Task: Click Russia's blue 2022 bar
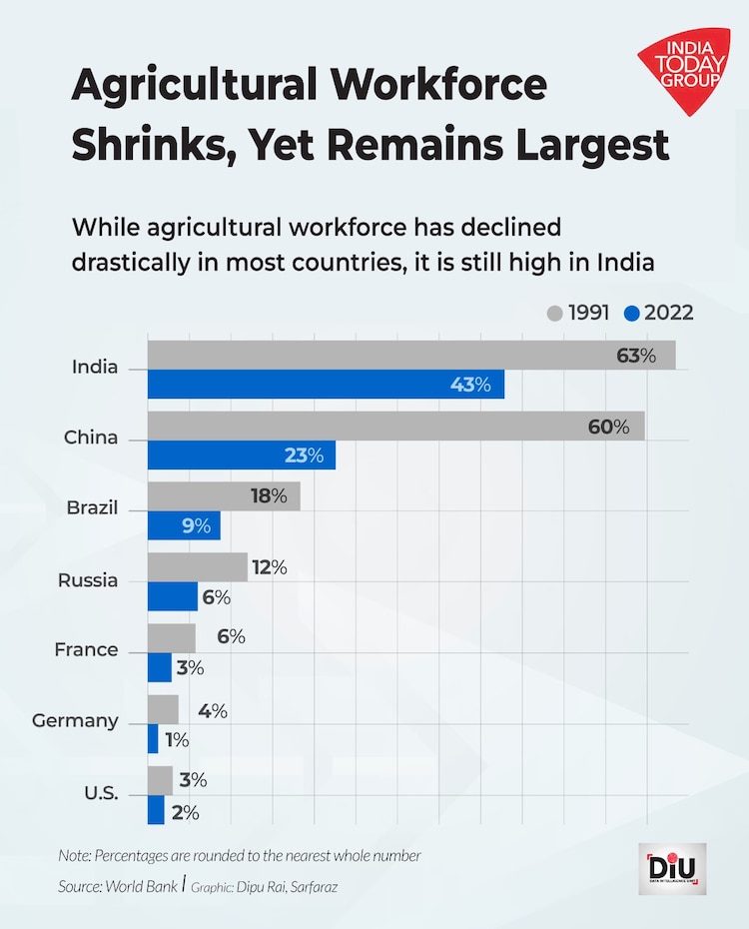click(x=172, y=597)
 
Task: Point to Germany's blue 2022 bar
click(x=153, y=739)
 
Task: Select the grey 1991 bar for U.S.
click(x=160, y=780)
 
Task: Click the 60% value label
click(x=608, y=427)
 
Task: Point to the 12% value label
click(x=269, y=567)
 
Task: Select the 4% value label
click(x=212, y=711)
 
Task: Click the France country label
click(x=86, y=650)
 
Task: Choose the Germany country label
click(x=75, y=720)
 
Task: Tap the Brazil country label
click(x=92, y=507)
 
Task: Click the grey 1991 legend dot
click(x=555, y=314)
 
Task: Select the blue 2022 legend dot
click(x=631, y=314)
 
